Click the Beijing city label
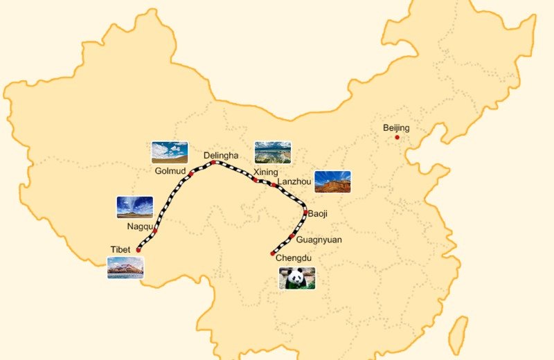click(396, 128)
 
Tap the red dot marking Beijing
click(397, 137)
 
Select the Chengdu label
click(294, 258)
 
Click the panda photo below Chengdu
click(297, 278)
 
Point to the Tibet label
click(120, 249)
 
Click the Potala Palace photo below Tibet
click(125, 267)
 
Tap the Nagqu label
click(140, 226)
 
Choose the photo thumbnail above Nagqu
click(135, 207)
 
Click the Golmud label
click(170, 170)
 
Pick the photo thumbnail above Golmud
click(170, 152)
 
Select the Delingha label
click(221, 155)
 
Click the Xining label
click(265, 172)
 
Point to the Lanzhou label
click(294, 181)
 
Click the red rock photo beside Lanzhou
click(332, 181)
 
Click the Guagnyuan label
click(319, 240)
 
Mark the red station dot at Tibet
click(138, 250)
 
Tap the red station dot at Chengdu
click(273, 253)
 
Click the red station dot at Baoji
click(305, 213)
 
